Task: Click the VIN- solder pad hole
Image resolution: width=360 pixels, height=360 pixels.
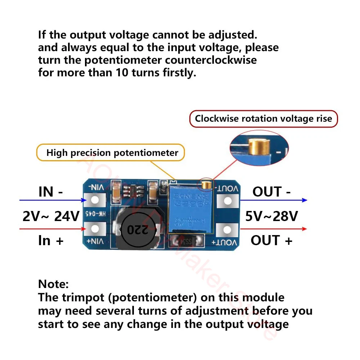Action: pyautogui.click(x=95, y=200)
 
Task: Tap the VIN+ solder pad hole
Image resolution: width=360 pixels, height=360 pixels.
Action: pyautogui.click(x=95, y=229)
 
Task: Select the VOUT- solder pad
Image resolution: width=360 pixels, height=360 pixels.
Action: pyautogui.click(x=228, y=201)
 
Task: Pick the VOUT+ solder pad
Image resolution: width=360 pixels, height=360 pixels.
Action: pyautogui.click(x=228, y=229)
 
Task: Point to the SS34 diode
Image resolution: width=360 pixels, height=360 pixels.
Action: pyautogui.click(x=185, y=241)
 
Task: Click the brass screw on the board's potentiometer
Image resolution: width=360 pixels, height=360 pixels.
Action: pyautogui.click(x=206, y=185)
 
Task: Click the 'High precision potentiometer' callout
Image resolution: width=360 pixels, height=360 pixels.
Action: pyautogui.click(x=112, y=153)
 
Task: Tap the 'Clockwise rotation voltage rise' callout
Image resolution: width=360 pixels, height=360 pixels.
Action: pyautogui.click(x=263, y=119)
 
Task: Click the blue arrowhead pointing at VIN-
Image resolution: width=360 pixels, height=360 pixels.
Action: pyautogui.click(x=84, y=200)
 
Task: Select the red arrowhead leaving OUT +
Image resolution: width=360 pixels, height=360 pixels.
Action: pyautogui.click(x=304, y=229)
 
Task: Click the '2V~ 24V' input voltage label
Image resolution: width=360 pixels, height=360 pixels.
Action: pyautogui.click(x=51, y=216)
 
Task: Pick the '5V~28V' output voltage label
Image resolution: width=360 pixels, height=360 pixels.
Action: pyautogui.click(x=272, y=216)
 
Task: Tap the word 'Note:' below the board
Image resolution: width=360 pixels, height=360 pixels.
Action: pyautogui.click(x=53, y=284)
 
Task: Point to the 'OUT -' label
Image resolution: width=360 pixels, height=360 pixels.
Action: pyautogui.click(x=271, y=192)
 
